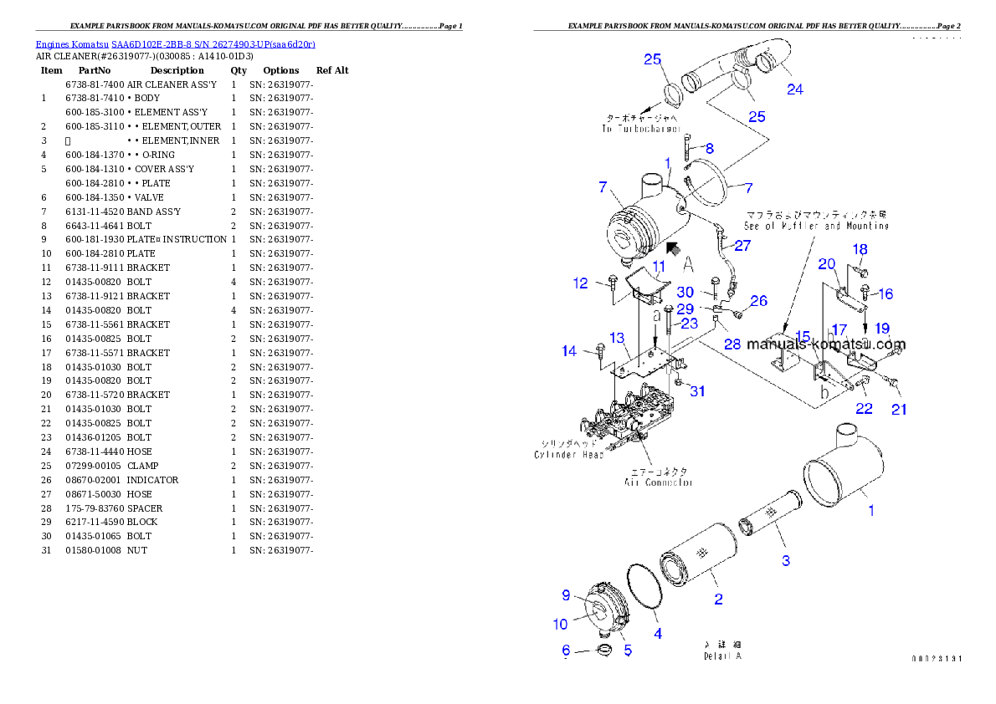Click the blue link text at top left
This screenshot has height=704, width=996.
[175, 43]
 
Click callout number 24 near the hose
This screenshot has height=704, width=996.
[794, 89]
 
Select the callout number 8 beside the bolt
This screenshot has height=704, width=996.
[709, 149]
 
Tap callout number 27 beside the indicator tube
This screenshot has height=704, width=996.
[742, 246]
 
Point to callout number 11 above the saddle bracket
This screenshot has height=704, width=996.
[660, 268]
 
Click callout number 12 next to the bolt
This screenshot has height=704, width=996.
[581, 283]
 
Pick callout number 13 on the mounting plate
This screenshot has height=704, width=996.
[617, 338]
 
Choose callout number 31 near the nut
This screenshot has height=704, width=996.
[697, 390]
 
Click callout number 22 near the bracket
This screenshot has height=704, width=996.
[863, 409]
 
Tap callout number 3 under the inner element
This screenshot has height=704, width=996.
[786, 560]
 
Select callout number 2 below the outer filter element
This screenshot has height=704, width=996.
[718, 599]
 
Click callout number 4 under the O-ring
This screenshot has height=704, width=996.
[658, 634]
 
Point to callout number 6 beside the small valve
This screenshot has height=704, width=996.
[566, 650]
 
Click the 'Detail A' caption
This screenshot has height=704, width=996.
[722, 656]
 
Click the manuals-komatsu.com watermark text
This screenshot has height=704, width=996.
[826, 344]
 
